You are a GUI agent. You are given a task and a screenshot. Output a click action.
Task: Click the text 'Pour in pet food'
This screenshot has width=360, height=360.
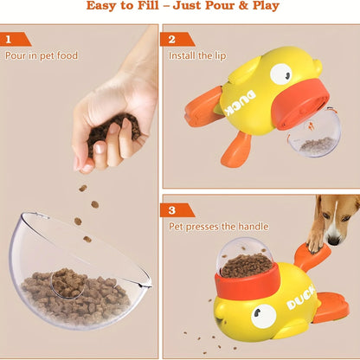(41, 56)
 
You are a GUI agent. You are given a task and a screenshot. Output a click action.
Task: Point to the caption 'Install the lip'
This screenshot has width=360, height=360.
(196, 56)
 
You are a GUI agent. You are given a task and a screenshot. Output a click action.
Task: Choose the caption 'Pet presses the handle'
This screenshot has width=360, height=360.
(218, 227)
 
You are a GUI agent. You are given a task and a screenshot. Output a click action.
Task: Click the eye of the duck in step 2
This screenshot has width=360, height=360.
(280, 74)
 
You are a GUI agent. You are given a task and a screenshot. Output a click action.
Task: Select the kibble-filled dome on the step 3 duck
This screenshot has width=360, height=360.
(247, 260)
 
